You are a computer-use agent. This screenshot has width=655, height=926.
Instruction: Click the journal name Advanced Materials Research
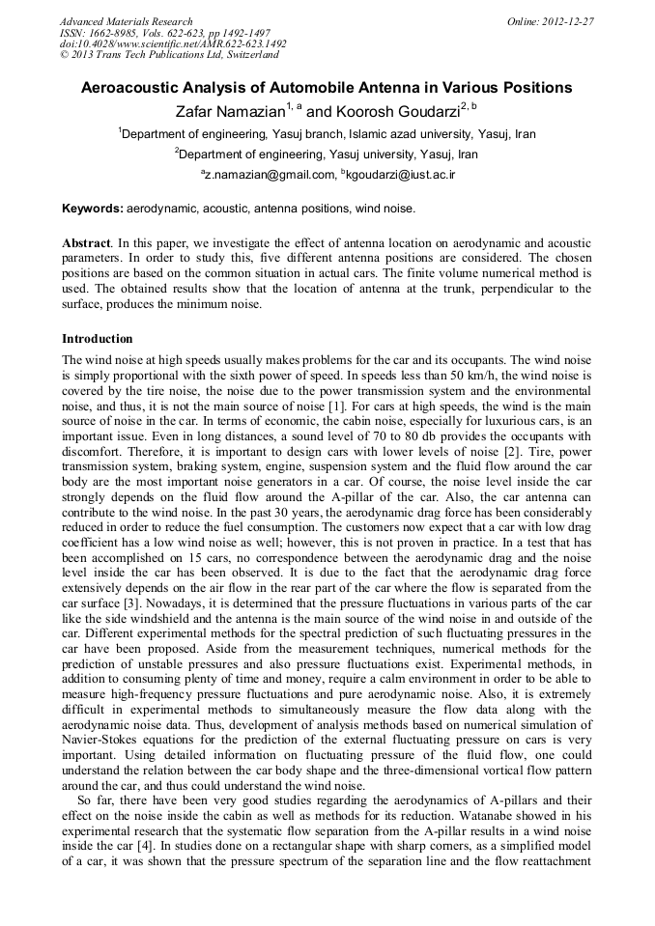click(x=126, y=21)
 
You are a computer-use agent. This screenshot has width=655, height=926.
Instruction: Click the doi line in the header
click(x=173, y=43)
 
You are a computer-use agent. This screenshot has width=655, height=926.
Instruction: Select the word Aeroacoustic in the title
click(x=128, y=88)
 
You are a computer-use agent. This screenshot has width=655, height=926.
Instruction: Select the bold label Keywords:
click(x=93, y=208)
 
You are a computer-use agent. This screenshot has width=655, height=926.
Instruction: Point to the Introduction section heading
click(x=98, y=339)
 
